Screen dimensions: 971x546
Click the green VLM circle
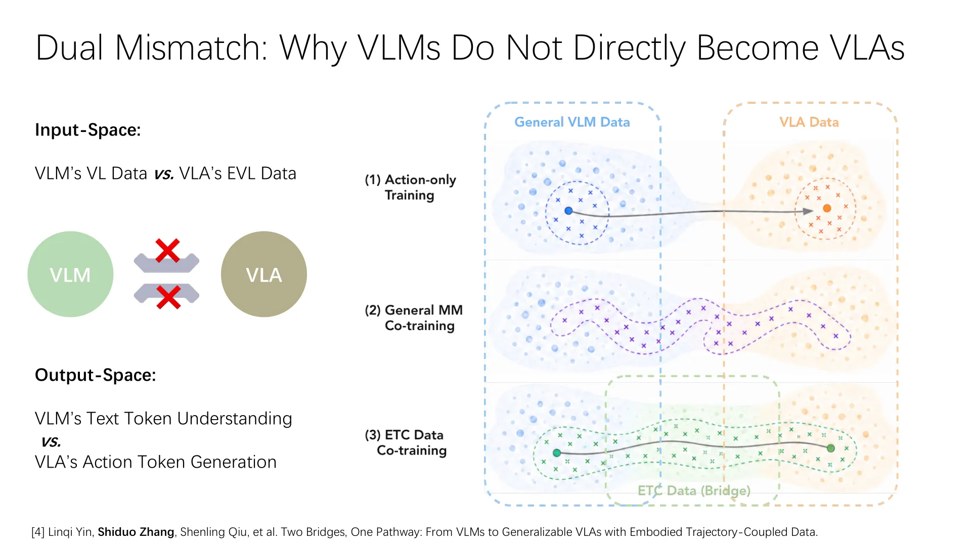tap(70, 274)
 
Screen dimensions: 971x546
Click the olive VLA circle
tap(264, 274)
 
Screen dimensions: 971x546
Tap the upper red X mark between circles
tap(167, 250)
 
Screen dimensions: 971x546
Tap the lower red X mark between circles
tap(168, 297)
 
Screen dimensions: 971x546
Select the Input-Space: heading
tap(88, 130)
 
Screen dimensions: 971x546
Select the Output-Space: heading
tap(96, 375)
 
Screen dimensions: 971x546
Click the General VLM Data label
tap(572, 122)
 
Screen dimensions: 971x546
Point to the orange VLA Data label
tap(809, 122)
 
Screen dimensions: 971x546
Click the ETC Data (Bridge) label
tap(694, 490)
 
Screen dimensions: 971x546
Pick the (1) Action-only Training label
tap(410, 188)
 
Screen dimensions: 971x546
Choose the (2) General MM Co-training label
tap(414, 318)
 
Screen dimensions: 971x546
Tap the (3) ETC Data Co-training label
tap(406, 443)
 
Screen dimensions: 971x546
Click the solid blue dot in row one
tap(568, 211)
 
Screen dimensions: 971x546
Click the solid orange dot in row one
tap(827, 208)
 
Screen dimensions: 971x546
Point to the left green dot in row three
tap(557, 453)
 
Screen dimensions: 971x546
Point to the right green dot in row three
tap(831, 448)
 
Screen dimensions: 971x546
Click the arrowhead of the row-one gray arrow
tap(809, 211)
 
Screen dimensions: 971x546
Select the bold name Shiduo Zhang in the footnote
tap(136, 532)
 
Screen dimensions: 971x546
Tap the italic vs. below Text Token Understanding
tap(51, 441)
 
